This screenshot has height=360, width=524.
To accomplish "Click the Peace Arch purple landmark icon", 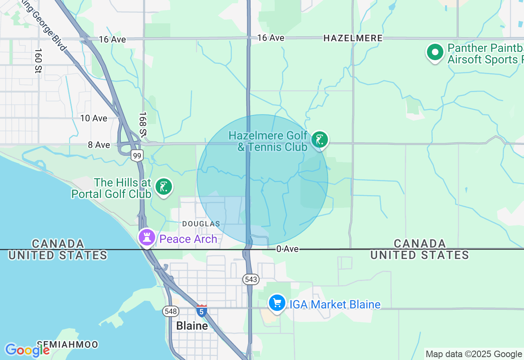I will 147,237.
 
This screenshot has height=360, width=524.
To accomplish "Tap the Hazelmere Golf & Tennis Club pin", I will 320,139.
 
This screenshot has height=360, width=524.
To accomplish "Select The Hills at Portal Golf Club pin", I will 164,187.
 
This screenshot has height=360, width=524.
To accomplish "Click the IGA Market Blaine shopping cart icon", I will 277,303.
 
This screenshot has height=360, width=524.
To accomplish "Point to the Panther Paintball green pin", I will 435,52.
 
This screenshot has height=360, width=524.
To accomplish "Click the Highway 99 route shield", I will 137,155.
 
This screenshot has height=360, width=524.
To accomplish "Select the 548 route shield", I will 170,311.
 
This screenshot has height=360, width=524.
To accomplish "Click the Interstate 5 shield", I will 201,310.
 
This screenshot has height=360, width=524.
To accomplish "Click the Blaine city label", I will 192,326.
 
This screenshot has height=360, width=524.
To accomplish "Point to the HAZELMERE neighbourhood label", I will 353,38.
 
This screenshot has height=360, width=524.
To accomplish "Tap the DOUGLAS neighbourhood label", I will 201,224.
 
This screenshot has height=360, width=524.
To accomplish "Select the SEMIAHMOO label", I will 67,344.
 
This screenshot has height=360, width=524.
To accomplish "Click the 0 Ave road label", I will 287,249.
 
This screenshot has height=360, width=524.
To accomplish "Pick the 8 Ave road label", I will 99,145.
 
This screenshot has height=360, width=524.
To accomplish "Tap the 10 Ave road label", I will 94,118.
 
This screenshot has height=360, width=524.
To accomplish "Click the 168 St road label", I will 142,124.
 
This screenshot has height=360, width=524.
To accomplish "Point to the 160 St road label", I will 38,61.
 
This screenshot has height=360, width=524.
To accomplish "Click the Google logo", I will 27,350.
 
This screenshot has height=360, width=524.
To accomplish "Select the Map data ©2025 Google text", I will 473,354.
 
